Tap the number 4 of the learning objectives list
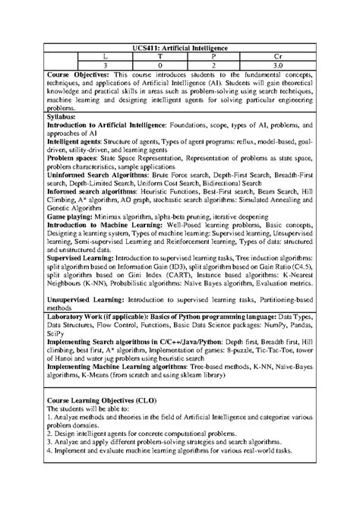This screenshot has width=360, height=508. click(x=49, y=452)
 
